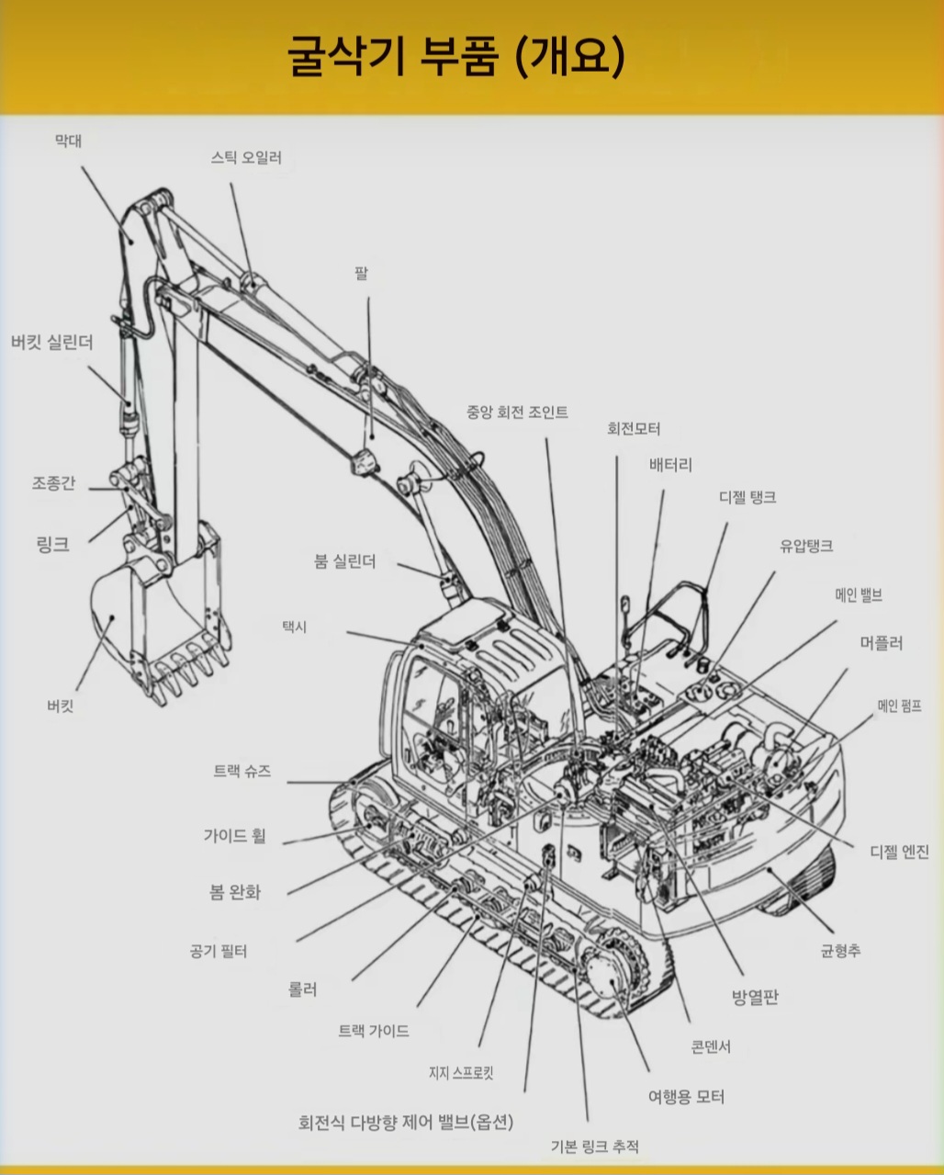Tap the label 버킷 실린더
[x=52, y=343]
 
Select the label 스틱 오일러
[x=246, y=158]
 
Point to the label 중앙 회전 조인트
[x=517, y=412]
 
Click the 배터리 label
[x=670, y=465]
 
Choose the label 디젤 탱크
[x=747, y=497]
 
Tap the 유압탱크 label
[x=806, y=546]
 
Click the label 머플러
[x=882, y=643]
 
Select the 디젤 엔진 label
[x=899, y=852]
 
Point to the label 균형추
[x=841, y=951]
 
